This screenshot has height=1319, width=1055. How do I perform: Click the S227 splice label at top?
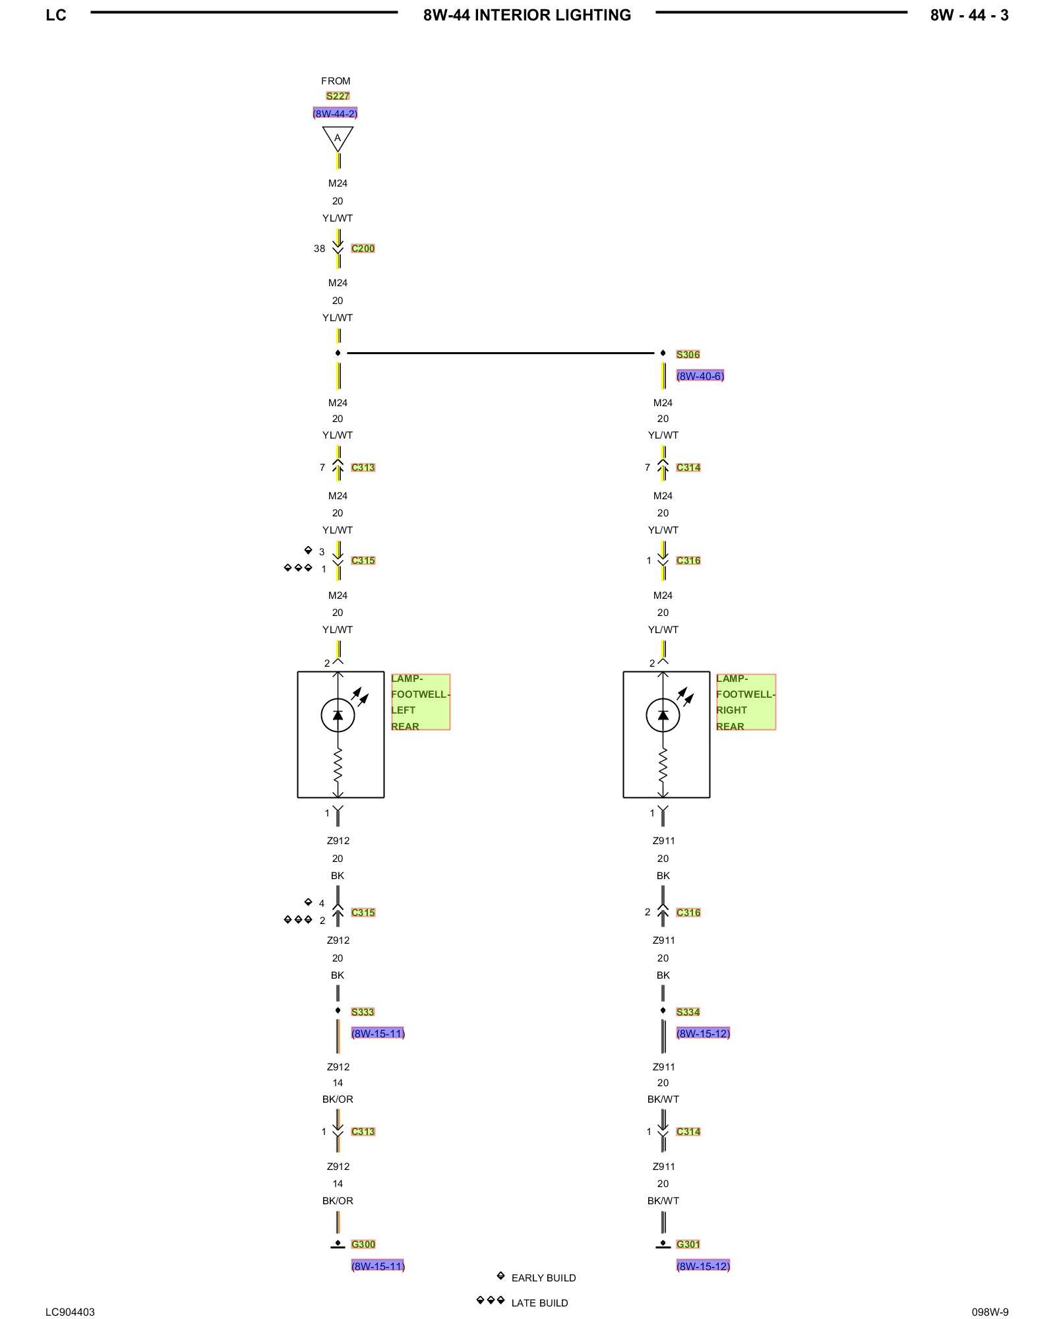tap(338, 96)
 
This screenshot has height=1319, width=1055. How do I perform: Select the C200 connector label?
tap(363, 249)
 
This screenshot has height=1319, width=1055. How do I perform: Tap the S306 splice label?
tap(688, 355)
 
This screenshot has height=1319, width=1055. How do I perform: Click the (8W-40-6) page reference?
tap(700, 376)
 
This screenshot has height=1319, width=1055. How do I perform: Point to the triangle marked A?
tap(338, 138)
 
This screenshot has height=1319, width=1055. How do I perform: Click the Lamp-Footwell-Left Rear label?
tap(420, 702)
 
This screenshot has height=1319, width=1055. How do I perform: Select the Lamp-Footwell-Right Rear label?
tap(745, 702)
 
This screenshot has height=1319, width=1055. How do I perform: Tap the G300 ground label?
tap(363, 1244)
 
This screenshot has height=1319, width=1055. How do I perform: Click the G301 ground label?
tap(688, 1244)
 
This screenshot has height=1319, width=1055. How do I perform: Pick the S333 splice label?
tap(363, 1012)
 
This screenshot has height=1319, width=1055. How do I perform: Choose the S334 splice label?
tap(688, 1012)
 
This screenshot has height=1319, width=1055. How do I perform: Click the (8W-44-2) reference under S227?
tap(335, 113)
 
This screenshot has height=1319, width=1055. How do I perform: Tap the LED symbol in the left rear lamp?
tap(338, 715)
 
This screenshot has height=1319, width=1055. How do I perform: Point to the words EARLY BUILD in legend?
tap(543, 1278)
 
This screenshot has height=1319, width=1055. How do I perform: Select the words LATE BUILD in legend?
tap(539, 1303)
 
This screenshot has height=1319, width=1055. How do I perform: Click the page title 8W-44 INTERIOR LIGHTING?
tap(527, 15)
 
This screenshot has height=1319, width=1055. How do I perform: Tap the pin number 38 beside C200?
tap(319, 249)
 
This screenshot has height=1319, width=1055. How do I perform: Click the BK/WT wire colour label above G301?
tap(663, 1201)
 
